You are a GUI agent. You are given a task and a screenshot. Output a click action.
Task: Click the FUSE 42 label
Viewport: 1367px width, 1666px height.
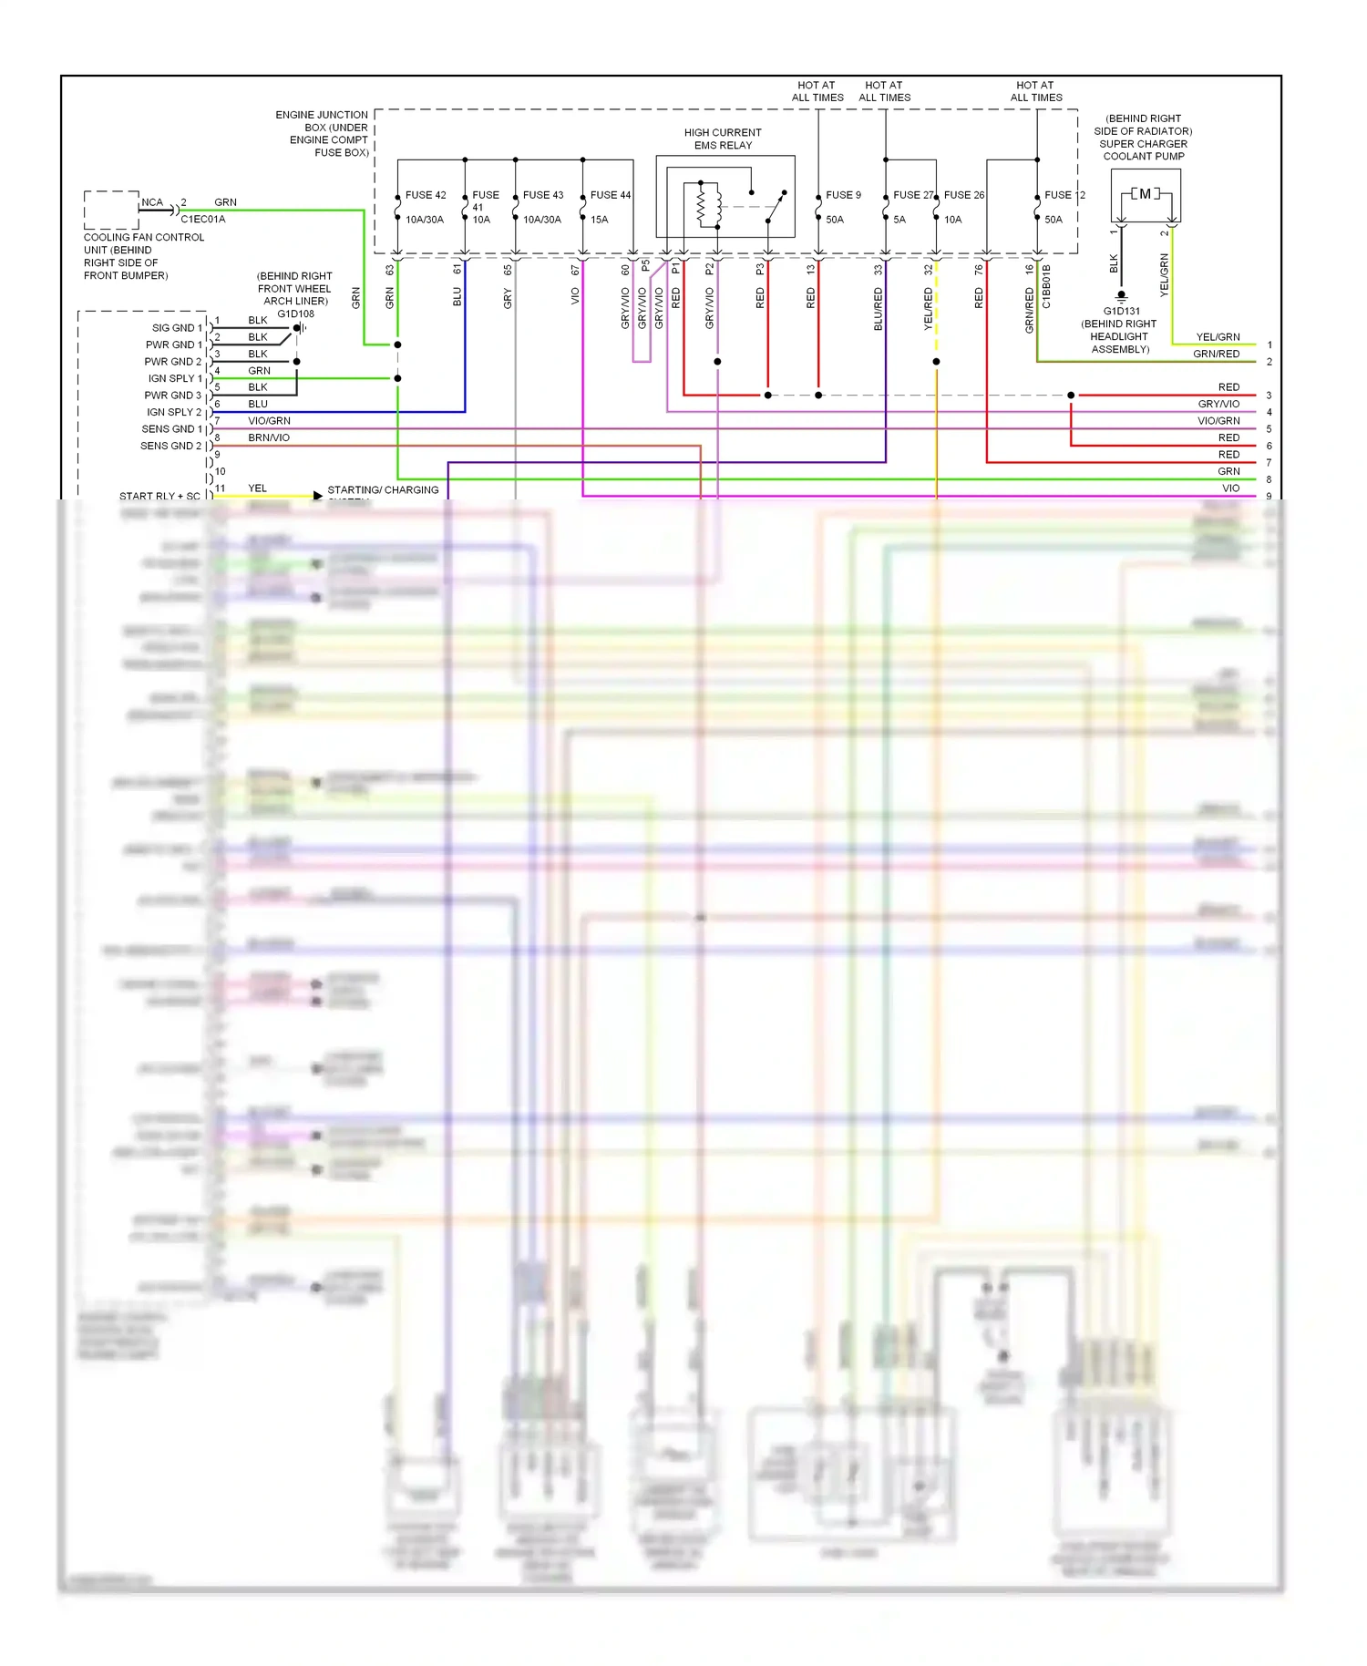(x=426, y=195)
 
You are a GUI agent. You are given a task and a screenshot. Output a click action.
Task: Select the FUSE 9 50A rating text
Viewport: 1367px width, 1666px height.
(x=835, y=220)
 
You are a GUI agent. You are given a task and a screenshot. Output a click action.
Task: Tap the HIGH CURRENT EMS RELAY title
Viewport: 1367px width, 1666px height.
(x=723, y=139)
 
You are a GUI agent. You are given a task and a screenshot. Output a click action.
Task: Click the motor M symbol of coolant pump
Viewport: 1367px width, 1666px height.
(x=1146, y=193)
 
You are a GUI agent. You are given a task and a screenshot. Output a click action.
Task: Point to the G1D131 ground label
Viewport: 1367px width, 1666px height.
(x=1121, y=311)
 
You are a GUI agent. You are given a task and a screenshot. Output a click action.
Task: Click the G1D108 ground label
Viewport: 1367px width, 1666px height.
(x=295, y=314)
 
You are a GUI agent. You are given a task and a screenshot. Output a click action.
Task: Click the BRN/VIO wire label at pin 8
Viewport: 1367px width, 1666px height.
(x=269, y=437)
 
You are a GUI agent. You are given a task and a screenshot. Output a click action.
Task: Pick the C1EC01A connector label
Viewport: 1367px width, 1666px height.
(x=202, y=219)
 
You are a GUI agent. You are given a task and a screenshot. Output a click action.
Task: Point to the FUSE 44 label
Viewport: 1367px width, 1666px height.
(x=611, y=195)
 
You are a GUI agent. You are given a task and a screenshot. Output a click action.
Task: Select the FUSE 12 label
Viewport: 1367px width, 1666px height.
(x=1064, y=195)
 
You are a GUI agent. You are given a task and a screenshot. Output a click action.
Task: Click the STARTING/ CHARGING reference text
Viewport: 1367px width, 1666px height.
(x=383, y=490)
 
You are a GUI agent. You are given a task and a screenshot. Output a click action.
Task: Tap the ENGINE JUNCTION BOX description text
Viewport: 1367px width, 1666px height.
(x=323, y=134)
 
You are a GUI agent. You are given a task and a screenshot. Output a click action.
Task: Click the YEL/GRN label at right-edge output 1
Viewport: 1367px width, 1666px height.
(x=1218, y=337)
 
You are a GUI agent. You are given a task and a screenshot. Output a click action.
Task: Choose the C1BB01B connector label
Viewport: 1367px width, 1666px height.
(x=1046, y=286)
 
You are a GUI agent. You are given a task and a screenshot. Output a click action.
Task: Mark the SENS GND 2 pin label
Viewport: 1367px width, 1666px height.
(x=170, y=446)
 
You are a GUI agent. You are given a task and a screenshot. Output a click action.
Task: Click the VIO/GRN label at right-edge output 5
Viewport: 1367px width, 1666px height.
(x=1218, y=421)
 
